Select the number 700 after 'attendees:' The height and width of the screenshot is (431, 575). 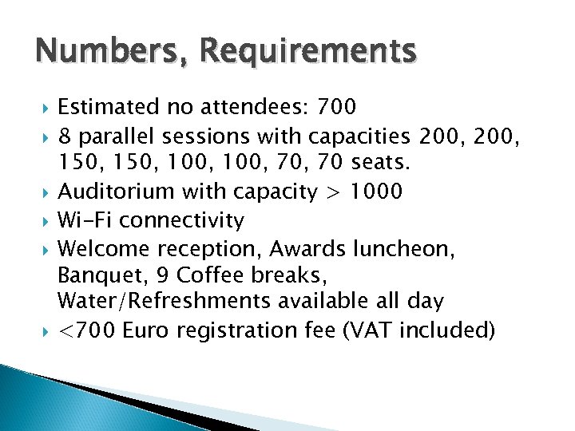click(x=338, y=106)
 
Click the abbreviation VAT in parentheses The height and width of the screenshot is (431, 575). click(x=397, y=330)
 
